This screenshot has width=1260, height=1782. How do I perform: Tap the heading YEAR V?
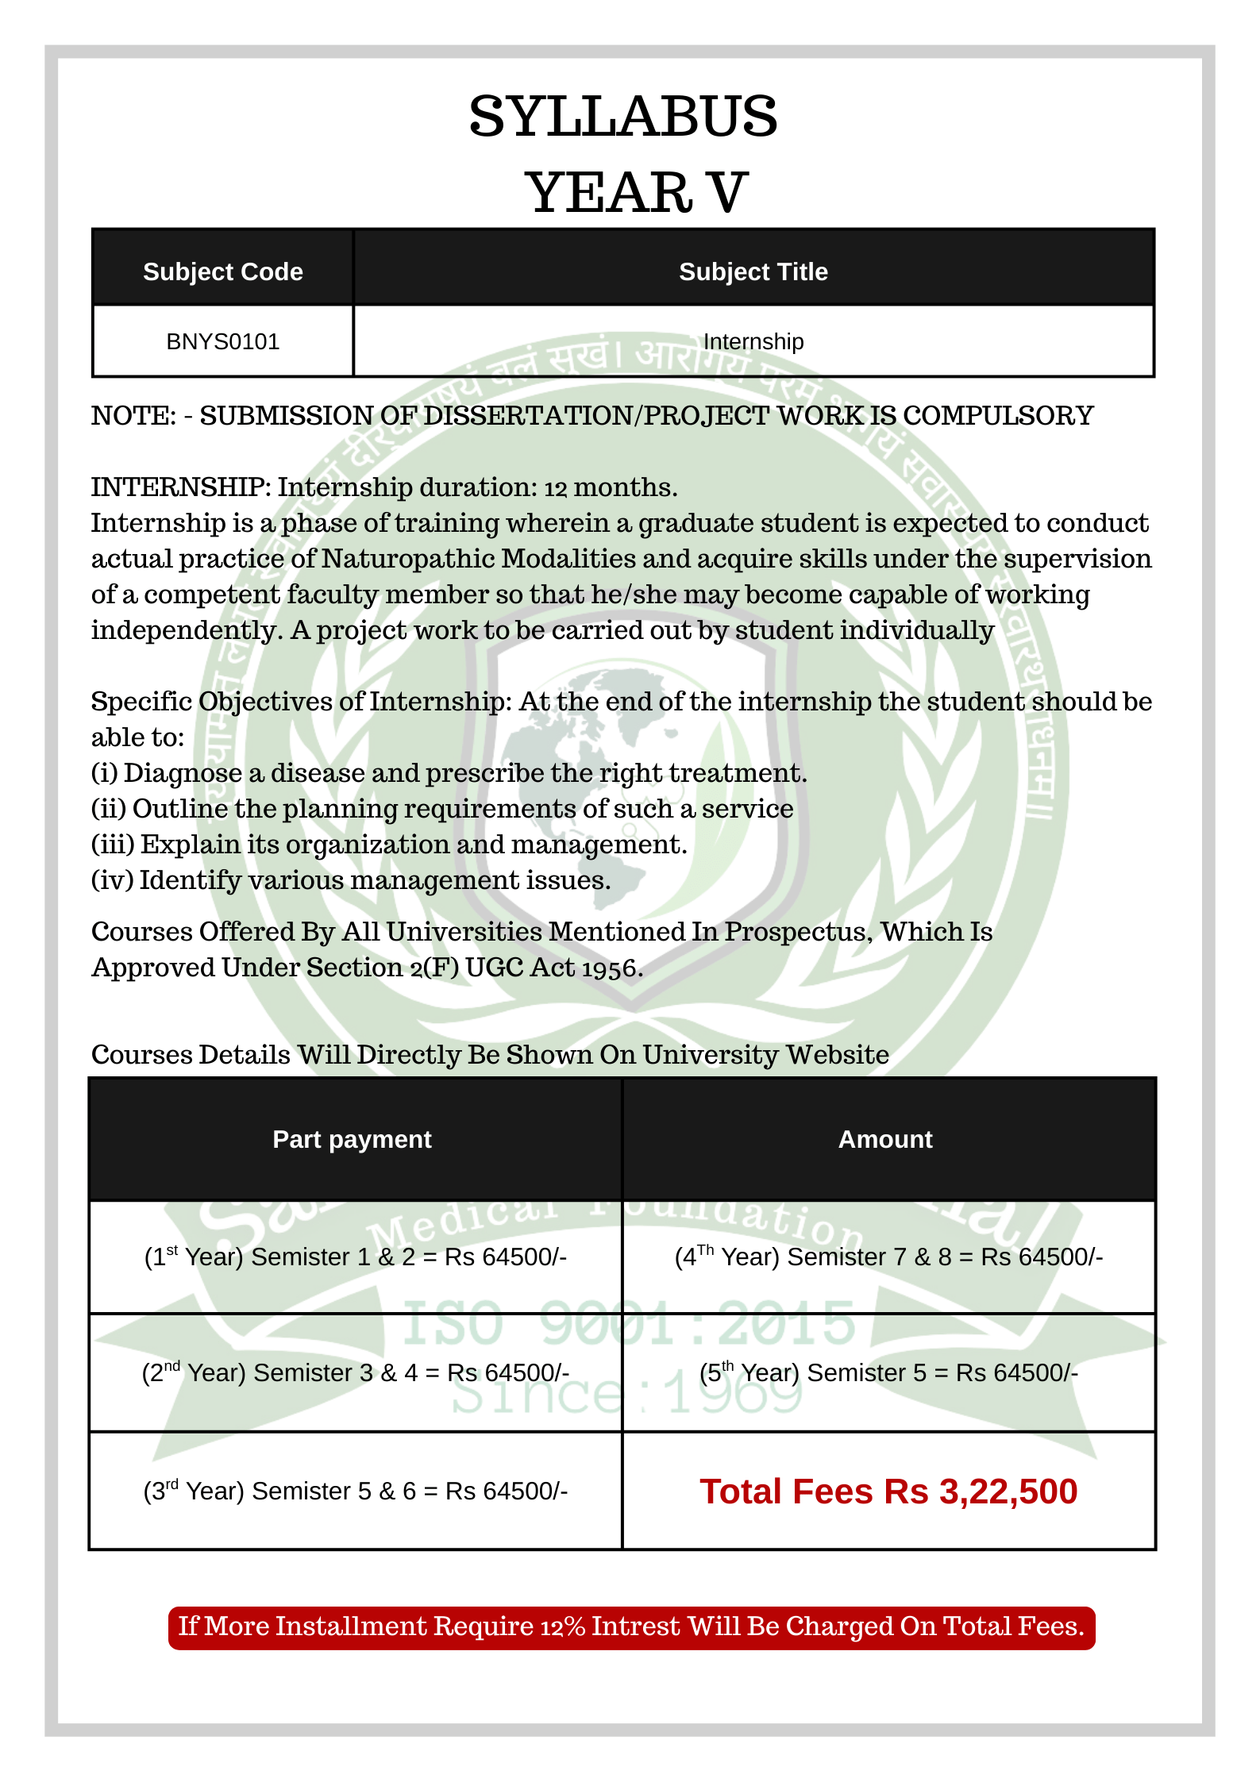click(636, 193)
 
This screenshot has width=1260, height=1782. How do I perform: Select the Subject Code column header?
click(222, 271)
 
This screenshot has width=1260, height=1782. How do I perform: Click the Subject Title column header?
click(753, 271)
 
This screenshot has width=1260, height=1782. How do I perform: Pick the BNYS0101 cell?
click(222, 341)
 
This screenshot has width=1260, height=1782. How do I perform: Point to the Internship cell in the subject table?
click(753, 341)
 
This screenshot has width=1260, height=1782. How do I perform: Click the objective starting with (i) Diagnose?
click(449, 772)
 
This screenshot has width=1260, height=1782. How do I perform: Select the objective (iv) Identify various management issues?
click(351, 879)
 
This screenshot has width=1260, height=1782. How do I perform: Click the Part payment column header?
click(352, 1139)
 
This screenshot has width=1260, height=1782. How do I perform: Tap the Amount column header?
click(885, 1139)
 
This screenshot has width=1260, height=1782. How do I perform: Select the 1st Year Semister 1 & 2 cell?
click(355, 1257)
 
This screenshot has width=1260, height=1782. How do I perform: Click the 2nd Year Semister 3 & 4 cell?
click(355, 1372)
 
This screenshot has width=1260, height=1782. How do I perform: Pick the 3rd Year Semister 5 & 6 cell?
click(355, 1491)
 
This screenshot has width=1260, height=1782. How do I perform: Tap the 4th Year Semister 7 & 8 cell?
click(888, 1257)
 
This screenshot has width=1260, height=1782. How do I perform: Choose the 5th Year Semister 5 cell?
click(888, 1372)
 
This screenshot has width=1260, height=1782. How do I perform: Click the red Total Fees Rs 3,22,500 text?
click(888, 1491)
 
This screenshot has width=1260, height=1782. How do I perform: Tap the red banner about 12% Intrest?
click(631, 1626)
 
